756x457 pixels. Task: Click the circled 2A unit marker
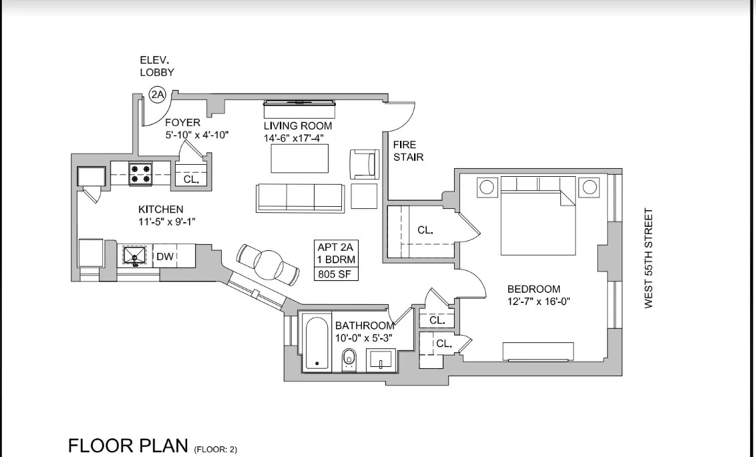pos(158,95)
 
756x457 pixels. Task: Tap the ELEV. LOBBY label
pos(157,66)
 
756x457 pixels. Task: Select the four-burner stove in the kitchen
pos(141,173)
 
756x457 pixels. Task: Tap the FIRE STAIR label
pos(405,151)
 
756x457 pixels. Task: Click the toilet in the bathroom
pos(349,360)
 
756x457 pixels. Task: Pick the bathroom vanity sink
pos(381,360)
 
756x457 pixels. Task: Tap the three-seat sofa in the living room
pos(301,197)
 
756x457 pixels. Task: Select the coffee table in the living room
pos(300,159)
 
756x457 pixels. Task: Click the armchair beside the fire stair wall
pos(364,163)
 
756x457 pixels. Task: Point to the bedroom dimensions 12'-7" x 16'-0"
pos(538,302)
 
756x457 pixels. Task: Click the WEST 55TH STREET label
pos(648,259)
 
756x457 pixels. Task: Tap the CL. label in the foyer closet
pos(191,179)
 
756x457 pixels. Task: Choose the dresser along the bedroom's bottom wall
pos(538,352)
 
